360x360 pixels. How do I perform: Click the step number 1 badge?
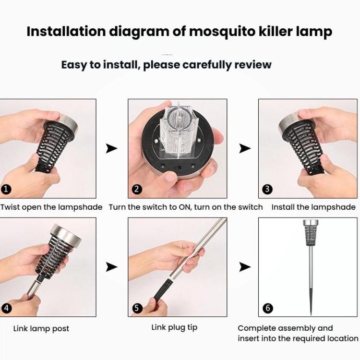tap(6, 189)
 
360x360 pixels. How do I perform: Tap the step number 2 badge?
tap(137, 189)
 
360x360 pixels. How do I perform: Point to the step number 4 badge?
tap(6, 308)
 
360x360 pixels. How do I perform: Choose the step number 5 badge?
tap(137, 308)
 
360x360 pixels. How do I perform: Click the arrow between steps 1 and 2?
tap(111, 148)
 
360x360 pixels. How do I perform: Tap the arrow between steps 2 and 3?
tap(245, 148)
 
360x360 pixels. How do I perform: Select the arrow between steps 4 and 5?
tap(111, 266)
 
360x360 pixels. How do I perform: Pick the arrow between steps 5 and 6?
tap(245, 266)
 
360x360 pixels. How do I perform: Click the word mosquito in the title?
tap(208, 32)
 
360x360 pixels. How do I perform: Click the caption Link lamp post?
tap(41, 329)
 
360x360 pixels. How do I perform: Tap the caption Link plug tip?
tap(174, 327)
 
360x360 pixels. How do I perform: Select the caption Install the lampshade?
tap(313, 207)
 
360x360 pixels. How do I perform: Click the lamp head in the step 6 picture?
tap(310, 232)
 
